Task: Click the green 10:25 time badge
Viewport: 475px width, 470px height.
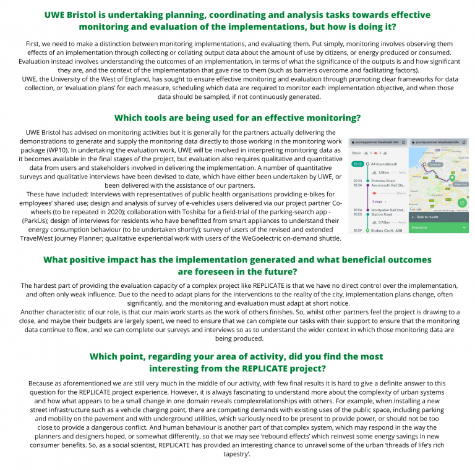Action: point(357,164)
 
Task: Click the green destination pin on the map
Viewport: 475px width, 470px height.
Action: point(452,178)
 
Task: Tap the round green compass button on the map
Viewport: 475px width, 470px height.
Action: point(461,203)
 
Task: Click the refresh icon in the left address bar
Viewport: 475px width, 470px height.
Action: point(403,142)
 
